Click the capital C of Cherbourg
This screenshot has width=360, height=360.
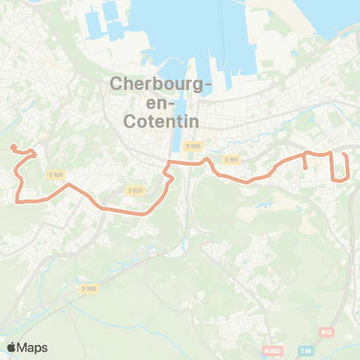116,84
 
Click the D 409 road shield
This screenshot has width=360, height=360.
55,174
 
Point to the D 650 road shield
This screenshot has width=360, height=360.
135,190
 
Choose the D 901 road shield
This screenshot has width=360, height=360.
230,159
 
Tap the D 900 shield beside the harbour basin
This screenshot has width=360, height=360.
194,145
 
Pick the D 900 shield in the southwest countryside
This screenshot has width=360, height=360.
89,289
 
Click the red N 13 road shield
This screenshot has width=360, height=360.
325,331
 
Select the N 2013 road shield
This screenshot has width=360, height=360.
273,350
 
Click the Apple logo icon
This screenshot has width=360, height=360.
12,347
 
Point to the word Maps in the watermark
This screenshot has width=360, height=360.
33,347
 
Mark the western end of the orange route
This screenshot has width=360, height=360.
12,146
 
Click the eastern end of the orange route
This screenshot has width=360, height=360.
344,154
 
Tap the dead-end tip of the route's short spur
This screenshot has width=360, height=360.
307,168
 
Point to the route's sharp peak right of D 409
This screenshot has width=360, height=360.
69,184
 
